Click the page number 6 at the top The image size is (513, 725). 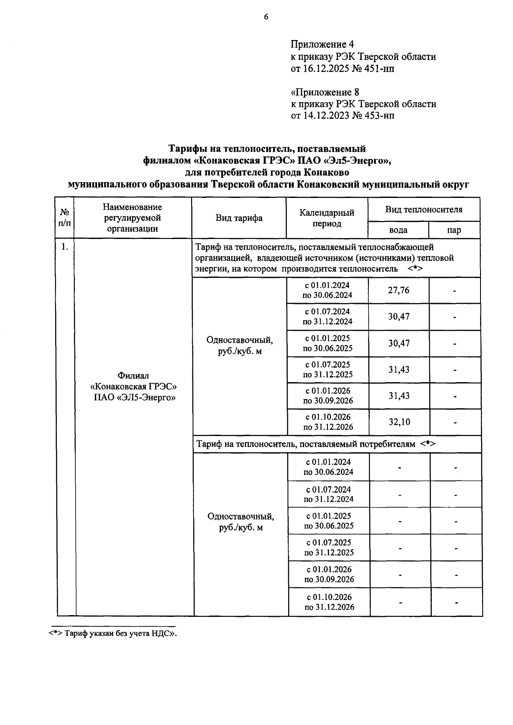(x=266, y=17)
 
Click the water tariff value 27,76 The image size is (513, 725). (x=398, y=290)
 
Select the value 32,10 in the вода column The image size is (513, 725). (x=399, y=422)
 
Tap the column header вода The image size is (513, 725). (x=398, y=230)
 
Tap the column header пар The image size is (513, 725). (x=454, y=230)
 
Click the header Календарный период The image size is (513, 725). (x=327, y=218)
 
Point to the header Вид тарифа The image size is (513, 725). (x=239, y=218)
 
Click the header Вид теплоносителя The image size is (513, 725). (x=424, y=209)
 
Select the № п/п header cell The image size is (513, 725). (x=65, y=218)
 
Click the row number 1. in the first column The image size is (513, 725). (x=65, y=247)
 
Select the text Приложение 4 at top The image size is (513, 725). (x=322, y=44)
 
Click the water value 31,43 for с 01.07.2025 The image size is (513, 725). (x=398, y=369)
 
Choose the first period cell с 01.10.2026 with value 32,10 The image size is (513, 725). (x=328, y=422)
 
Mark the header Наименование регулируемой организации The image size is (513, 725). (x=132, y=218)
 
